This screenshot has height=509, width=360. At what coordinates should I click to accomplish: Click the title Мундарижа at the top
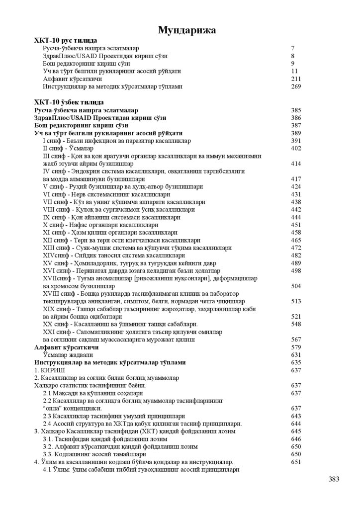(186, 31)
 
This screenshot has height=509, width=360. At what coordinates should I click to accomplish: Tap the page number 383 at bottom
(334, 479)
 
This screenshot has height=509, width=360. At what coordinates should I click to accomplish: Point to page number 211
(296, 79)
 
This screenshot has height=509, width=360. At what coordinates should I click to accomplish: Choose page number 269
(296, 86)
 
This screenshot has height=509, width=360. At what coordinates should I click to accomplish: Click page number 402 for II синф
(296, 148)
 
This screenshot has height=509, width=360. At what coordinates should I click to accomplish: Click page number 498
(296, 270)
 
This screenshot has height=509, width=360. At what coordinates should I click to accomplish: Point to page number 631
(296, 355)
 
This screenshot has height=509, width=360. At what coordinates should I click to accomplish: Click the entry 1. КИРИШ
(50, 370)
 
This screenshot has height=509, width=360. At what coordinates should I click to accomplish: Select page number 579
(296, 347)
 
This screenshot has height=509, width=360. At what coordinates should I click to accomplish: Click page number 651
(296, 462)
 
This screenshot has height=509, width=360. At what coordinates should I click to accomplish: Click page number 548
(296, 324)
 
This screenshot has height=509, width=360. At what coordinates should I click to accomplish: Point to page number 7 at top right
(293, 48)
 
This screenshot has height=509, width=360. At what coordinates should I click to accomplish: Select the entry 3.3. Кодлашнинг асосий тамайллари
(94, 454)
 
